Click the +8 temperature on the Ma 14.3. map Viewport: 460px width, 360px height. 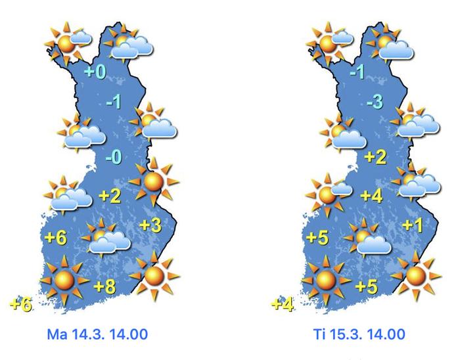point(105,286)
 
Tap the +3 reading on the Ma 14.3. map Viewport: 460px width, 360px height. point(150,225)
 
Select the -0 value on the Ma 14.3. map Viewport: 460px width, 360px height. point(113,158)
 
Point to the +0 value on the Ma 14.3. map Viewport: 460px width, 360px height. point(95,72)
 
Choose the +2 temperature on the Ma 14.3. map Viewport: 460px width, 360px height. point(110,196)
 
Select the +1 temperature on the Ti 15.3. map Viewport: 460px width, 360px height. point(412,225)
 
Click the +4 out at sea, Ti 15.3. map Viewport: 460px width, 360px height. point(282,304)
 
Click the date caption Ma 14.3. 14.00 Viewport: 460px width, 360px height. point(97,334)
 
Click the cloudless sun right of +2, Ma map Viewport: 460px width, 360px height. point(153,179)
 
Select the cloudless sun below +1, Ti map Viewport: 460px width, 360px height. point(415,275)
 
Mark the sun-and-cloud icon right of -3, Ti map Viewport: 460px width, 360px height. point(415,122)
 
